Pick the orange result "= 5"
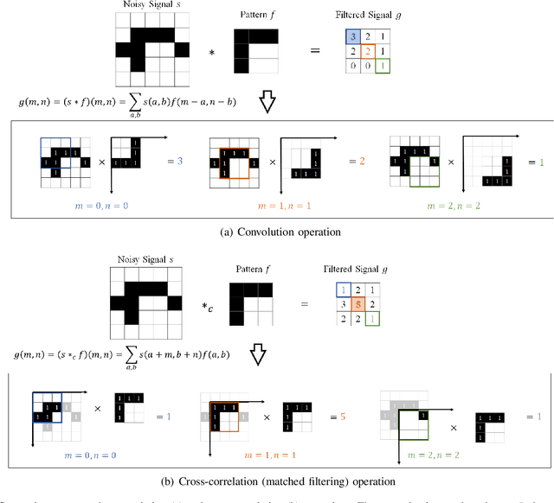click(x=344, y=415)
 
